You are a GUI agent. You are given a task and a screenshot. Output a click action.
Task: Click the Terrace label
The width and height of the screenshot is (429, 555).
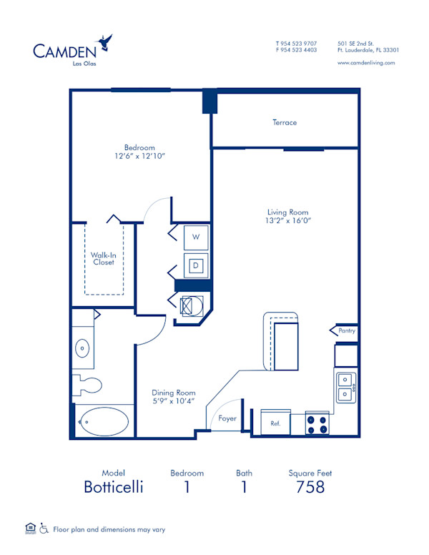tap(284, 122)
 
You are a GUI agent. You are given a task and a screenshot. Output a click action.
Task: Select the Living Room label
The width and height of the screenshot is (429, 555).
tap(287, 212)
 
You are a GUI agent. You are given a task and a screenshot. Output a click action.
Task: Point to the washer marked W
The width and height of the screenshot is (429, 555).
tap(196, 237)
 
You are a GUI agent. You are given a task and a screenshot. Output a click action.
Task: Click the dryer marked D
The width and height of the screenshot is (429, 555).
tap(196, 266)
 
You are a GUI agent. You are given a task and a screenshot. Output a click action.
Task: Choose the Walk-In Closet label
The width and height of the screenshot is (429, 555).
tap(102, 258)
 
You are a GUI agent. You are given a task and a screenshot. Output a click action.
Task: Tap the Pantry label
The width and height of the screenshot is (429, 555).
tap(347, 330)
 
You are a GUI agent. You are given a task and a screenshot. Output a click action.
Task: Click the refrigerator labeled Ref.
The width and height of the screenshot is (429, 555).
tap(275, 423)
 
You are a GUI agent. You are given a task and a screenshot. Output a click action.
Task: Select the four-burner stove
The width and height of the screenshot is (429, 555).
tap(317, 423)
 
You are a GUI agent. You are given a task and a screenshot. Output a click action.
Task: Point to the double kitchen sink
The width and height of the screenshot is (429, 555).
tap(345, 387)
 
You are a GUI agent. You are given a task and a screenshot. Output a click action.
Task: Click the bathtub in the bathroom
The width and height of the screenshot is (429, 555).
tap(103, 422)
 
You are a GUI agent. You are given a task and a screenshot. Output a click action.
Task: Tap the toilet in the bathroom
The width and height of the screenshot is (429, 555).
tap(87, 384)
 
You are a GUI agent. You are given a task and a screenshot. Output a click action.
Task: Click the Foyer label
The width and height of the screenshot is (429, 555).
tap(227, 418)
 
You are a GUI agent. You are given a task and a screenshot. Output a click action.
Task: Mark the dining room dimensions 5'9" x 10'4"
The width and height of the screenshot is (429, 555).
tap(173, 401)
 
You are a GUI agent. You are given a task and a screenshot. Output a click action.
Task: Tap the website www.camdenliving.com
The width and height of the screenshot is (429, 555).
tap(366, 63)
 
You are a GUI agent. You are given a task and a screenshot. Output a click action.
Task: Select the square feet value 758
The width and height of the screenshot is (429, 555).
tap(310, 487)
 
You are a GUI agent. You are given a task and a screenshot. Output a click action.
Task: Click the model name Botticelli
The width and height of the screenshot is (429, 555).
tap(113, 487)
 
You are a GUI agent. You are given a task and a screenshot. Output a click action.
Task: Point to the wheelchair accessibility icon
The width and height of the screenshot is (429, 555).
tap(44, 529)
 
